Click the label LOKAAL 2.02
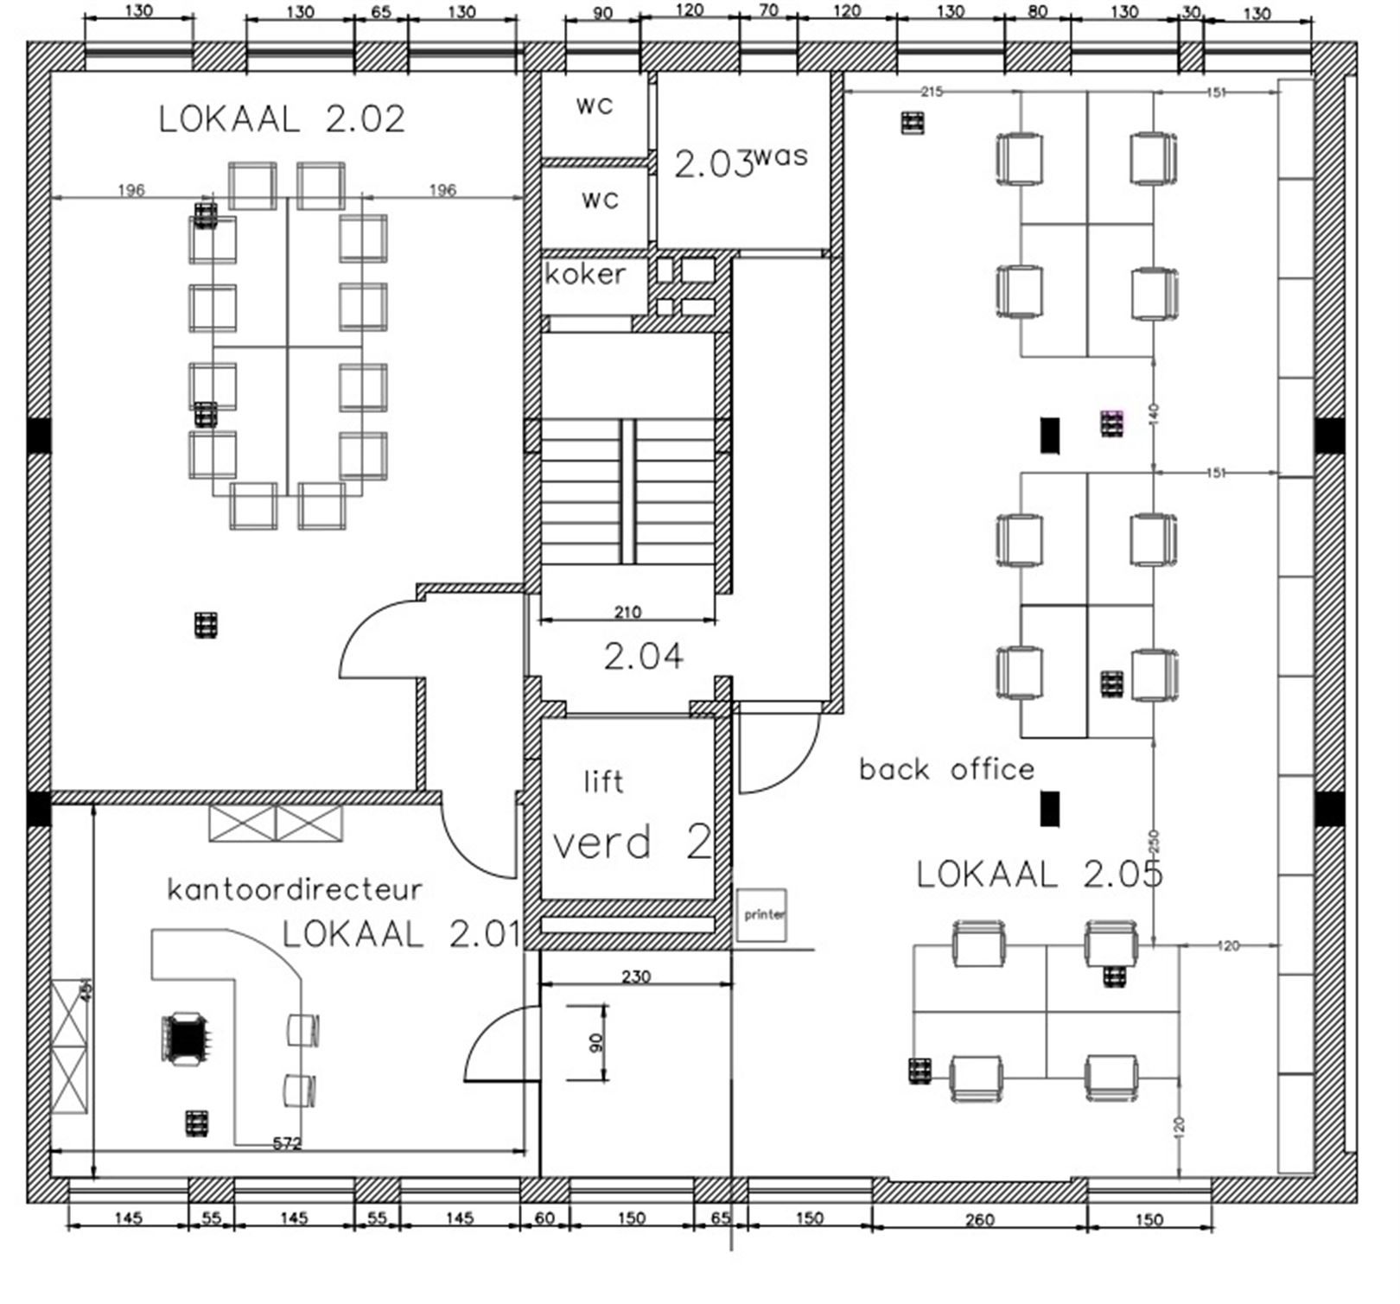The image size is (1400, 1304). tap(282, 119)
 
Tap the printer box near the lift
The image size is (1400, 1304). tap(762, 915)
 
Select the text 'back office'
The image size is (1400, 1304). tap(946, 770)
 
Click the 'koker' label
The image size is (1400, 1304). tap(585, 275)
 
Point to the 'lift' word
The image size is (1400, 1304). tap(603, 782)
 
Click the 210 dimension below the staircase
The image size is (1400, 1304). tap(627, 613)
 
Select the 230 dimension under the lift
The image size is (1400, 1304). tap(636, 976)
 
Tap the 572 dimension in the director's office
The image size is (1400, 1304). tap(287, 1144)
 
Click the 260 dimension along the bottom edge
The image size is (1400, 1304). tap(979, 1220)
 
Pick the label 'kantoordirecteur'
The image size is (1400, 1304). tap(295, 889)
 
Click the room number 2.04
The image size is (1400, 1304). tap(644, 658)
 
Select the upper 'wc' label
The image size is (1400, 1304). tap(595, 106)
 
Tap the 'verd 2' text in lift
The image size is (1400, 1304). tap(632, 843)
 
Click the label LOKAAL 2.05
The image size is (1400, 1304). tap(1040, 875)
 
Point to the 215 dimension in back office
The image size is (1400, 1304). tap(932, 92)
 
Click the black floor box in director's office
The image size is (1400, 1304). tap(185, 1039)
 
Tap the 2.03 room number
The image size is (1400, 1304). tap(714, 164)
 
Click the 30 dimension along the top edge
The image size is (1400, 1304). tap(1192, 12)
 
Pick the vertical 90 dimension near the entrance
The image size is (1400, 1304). tap(595, 1043)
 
